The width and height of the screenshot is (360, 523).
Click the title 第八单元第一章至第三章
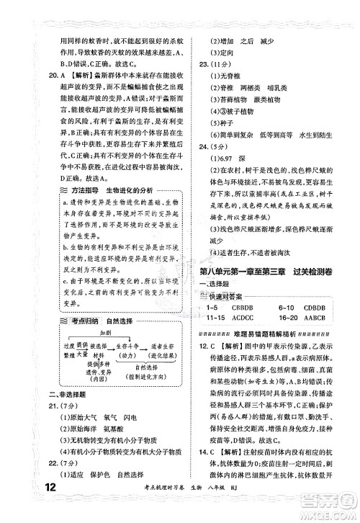click(249, 272)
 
